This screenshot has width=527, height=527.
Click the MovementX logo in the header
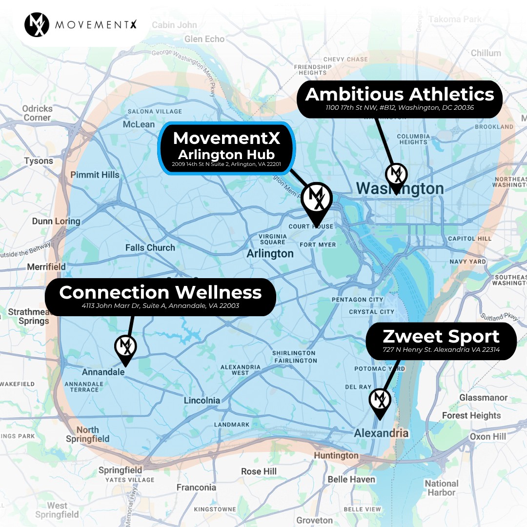point(37,25)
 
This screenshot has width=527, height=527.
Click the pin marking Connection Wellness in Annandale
point(125,347)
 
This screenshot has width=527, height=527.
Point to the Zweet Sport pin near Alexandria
point(380,401)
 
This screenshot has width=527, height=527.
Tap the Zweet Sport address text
point(441,350)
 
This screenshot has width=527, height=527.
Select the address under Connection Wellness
point(161,306)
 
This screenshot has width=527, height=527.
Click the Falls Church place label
point(150,247)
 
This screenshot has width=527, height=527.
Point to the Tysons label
point(39,161)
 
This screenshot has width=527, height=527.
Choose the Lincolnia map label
point(202,401)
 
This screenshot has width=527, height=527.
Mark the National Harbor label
point(441,488)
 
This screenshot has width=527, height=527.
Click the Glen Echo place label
point(204,39)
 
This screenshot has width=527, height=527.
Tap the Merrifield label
point(46,267)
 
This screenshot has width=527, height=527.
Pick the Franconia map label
point(196,487)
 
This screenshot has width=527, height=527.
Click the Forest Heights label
point(471,415)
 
